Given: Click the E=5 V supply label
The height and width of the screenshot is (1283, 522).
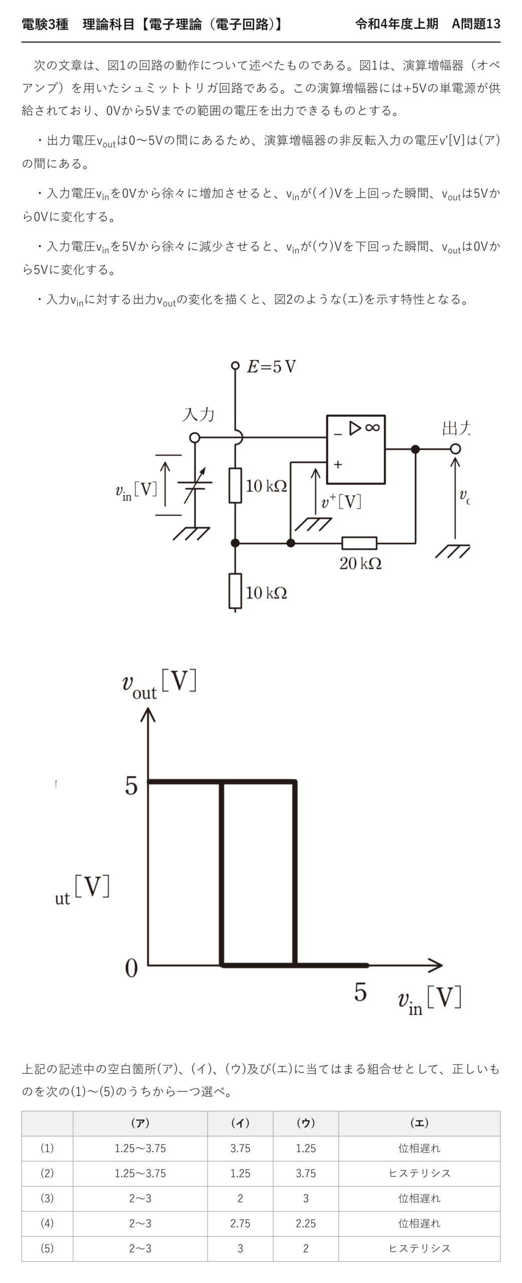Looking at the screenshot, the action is pyautogui.click(x=271, y=367).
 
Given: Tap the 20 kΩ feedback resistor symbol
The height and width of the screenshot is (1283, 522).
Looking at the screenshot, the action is pyautogui.click(x=359, y=543).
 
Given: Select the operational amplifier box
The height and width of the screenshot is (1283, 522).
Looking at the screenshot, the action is pyautogui.click(x=356, y=450).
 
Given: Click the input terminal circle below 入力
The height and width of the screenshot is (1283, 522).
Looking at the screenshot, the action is pyautogui.click(x=195, y=438).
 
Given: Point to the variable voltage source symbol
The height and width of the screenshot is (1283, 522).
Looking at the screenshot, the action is pyautogui.click(x=195, y=485).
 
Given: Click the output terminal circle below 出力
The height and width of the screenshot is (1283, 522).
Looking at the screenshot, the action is pyautogui.click(x=455, y=449).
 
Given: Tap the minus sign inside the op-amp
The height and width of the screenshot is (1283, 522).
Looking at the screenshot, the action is pyautogui.click(x=338, y=434).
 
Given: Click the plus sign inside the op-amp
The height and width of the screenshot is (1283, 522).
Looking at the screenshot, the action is pyautogui.click(x=338, y=465).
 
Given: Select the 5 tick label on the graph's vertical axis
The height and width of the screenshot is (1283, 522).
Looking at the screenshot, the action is pyautogui.click(x=131, y=785).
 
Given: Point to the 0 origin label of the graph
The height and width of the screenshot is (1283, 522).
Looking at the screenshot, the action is pyautogui.click(x=131, y=968).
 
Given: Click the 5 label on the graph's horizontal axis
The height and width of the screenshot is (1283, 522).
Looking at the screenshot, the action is pyautogui.click(x=360, y=992).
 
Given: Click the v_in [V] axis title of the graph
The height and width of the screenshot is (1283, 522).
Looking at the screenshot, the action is pyautogui.click(x=429, y=999).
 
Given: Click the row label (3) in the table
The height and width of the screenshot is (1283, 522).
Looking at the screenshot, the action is pyautogui.click(x=47, y=1198).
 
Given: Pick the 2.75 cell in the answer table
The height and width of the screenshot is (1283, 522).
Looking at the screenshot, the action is pyautogui.click(x=240, y=1223).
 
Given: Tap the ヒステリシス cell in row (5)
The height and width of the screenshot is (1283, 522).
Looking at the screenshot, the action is pyautogui.click(x=419, y=1248).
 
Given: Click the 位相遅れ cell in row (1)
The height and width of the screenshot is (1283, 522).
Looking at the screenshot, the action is pyautogui.click(x=419, y=1148).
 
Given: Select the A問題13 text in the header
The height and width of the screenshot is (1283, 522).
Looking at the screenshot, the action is pyautogui.click(x=476, y=24).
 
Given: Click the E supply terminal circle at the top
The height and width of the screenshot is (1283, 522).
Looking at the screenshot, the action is pyautogui.click(x=235, y=366).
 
